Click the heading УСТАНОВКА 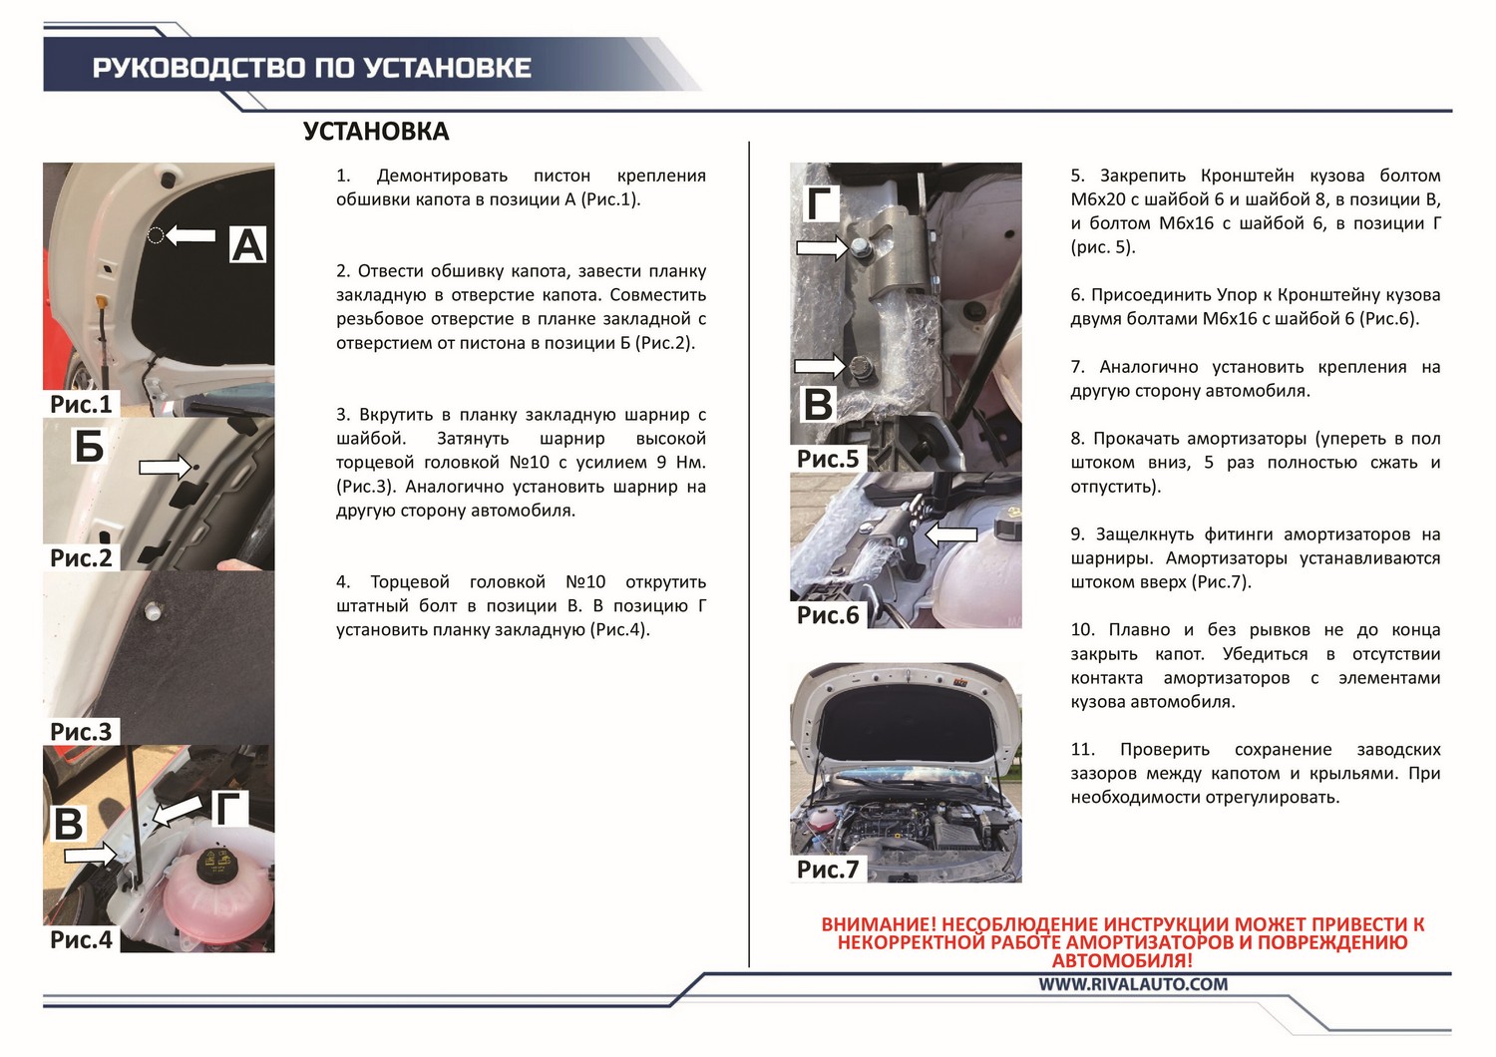click(376, 132)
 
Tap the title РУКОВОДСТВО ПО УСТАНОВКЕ click(312, 68)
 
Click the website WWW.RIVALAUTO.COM click(1133, 983)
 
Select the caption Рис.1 click(82, 404)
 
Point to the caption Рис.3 click(82, 731)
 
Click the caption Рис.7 click(828, 869)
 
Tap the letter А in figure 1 click(247, 244)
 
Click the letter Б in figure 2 click(89, 446)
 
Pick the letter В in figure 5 click(818, 404)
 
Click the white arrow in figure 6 click(951, 533)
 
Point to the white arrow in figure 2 click(166, 467)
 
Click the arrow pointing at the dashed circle click(190, 235)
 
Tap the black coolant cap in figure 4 click(215, 865)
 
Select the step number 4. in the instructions click(343, 581)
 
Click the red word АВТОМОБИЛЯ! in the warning click(1122, 960)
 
